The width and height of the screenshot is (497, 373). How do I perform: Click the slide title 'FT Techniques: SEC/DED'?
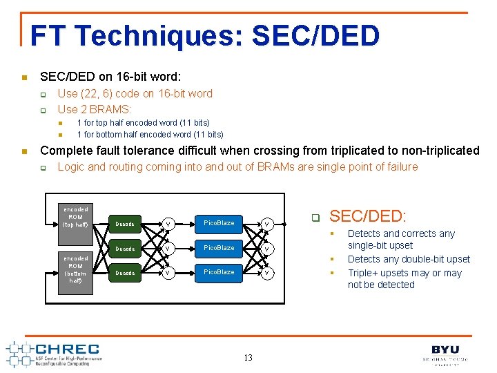(x=205, y=36)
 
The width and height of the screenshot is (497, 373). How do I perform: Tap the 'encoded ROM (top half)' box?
(x=75, y=217)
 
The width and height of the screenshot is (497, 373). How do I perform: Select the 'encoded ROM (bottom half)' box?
(x=75, y=269)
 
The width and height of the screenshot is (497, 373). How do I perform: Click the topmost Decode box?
(x=125, y=224)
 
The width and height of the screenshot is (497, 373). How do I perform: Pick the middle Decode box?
(x=125, y=249)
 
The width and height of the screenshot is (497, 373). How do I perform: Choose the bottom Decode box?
(x=125, y=274)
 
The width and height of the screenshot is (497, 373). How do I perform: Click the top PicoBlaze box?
(x=218, y=223)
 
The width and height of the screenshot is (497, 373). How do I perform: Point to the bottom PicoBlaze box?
(x=218, y=273)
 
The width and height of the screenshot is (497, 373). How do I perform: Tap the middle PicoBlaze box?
(x=218, y=248)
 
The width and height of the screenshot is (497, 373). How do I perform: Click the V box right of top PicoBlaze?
(x=266, y=224)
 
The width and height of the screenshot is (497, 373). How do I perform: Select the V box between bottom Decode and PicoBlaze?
(x=168, y=274)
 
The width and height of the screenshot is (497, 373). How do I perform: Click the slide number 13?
(x=248, y=357)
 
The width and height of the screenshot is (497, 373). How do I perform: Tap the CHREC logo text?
(x=67, y=350)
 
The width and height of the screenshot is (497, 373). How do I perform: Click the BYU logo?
(x=445, y=350)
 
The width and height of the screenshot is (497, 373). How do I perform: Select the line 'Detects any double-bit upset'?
(x=409, y=259)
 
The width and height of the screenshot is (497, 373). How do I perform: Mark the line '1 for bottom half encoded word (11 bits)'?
(x=150, y=134)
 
